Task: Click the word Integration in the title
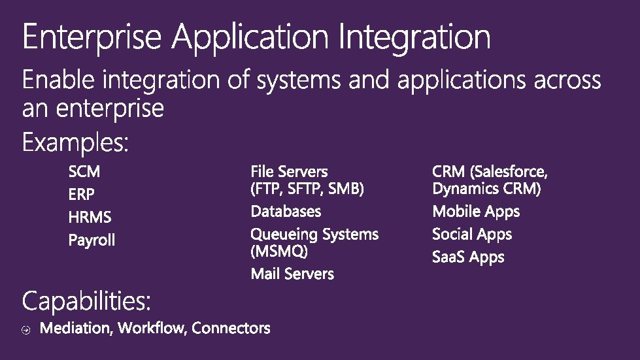(x=414, y=37)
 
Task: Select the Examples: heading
(x=76, y=142)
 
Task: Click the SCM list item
(x=84, y=172)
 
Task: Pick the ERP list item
(x=81, y=195)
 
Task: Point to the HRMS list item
(x=90, y=217)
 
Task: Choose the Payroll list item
(x=92, y=240)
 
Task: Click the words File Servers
(x=289, y=172)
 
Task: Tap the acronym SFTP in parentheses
(x=307, y=189)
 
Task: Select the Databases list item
(x=286, y=212)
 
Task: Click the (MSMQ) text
(x=279, y=251)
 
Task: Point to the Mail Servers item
(x=292, y=274)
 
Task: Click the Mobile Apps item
(x=476, y=212)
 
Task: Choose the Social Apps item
(x=472, y=235)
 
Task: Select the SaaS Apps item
(x=468, y=257)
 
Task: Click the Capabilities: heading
(x=87, y=302)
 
